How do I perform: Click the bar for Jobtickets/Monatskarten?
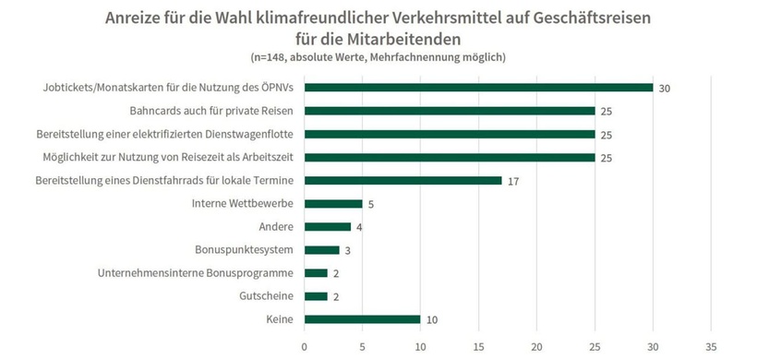pyautogui.click(x=478, y=88)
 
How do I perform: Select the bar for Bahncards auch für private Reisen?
pyautogui.click(x=450, y=111)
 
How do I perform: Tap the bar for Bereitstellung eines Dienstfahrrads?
pyautogui.click(x=403, y=180)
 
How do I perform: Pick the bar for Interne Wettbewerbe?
pyautogui.click(x=333, y=203)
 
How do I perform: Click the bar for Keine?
pyautogui.click(x=362, y=319)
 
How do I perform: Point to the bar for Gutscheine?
pyautogui.click(x=316, y=296)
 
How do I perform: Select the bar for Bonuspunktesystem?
pyautogui.click(x=321, y=250)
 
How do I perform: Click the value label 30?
pyautogui.click(x=663, y=88)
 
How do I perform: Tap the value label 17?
pyautogui.click(x=512, y=181)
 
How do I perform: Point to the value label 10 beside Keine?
pyautogui.click(x=431, y=319)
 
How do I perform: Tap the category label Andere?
pyautogui.click(x=276, y=227)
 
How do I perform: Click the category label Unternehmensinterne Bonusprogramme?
pyautogui.click(x=196, y=273)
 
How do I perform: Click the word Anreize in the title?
pyautogui.click(x=136, y=18)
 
